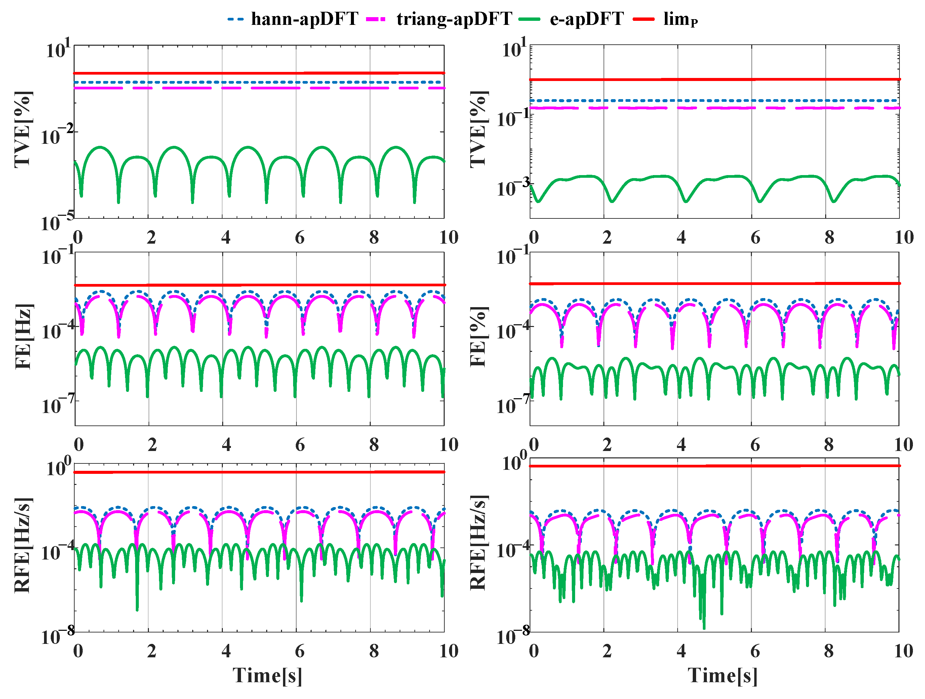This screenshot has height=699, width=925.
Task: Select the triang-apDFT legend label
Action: [x=454, y=19]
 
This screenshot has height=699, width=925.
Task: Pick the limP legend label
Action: [x=680, y=19]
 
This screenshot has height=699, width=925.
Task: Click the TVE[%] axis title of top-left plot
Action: [x=23, y=130]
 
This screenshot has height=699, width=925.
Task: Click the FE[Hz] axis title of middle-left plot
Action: [x=23, y=336]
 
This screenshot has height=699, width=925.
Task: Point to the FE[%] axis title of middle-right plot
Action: [x=478, y=336]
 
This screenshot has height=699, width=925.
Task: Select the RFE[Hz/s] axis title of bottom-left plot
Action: [x=23, y=545]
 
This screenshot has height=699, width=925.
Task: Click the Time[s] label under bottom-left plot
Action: [x=267, y=675]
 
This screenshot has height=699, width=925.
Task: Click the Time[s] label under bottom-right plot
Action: [x=722, y=675]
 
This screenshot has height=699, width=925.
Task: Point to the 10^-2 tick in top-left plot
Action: [x=57, y=135]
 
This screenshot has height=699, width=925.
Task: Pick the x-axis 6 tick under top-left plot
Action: [x=299, y=238]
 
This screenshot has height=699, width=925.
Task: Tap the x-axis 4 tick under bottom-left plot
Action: [x=226, y=651]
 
